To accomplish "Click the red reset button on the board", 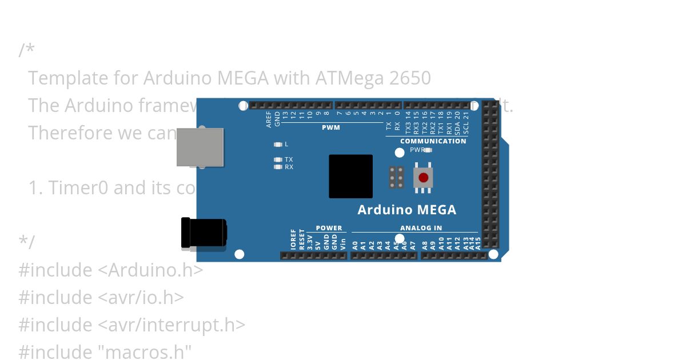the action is tap(423, 177).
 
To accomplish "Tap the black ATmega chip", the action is tap(350, 177).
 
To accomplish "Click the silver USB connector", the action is tap(200, 147).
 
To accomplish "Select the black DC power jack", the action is tap(203, 233).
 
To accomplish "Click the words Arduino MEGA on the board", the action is tap(406, 210).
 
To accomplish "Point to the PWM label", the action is tap(330, 127).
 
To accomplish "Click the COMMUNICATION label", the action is tap(433, 141).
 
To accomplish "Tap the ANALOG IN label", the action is tap(421, 228).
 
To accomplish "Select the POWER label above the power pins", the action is tap(329, 228).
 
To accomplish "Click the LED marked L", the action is tap(278, 145).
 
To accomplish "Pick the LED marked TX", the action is tap(278, 159).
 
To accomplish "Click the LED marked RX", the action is tap(278, 167).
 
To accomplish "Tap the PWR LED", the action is tap(428, 150).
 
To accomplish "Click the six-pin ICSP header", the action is tap(396, 177).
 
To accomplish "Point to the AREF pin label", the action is tap(269, 119).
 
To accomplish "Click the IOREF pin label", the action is tap(293, 240).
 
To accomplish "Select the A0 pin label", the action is tap(355, 245).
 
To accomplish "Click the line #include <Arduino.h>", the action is tap(111, 270).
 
